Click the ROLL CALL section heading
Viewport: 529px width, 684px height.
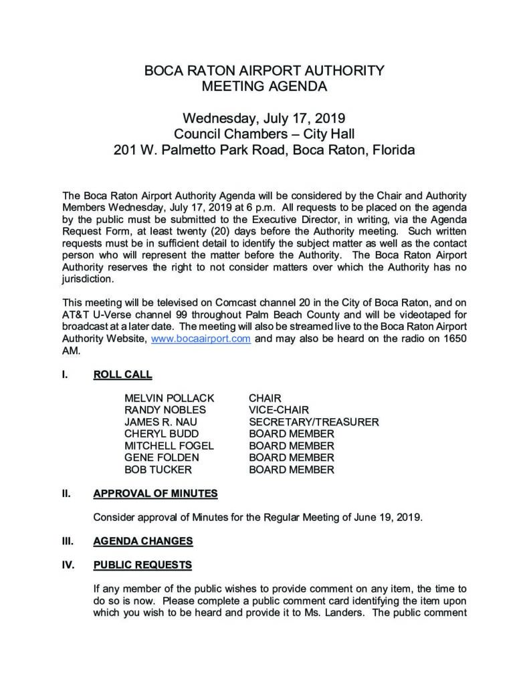(x=122, y=375)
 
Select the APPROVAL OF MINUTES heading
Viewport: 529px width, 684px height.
(x=155, y=494)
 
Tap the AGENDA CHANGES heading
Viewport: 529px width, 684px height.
(x=143, y=540)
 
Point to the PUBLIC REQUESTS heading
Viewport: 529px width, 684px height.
(x=142, y=564)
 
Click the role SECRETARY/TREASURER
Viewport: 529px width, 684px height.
(x=314, y=422)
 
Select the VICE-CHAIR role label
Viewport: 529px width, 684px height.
(x=279, y=410)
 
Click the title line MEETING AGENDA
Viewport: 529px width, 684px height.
(x=265, y=85)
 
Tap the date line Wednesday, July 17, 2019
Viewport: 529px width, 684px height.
(x=265, y=119)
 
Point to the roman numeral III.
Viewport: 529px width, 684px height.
(x=66, y=540)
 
